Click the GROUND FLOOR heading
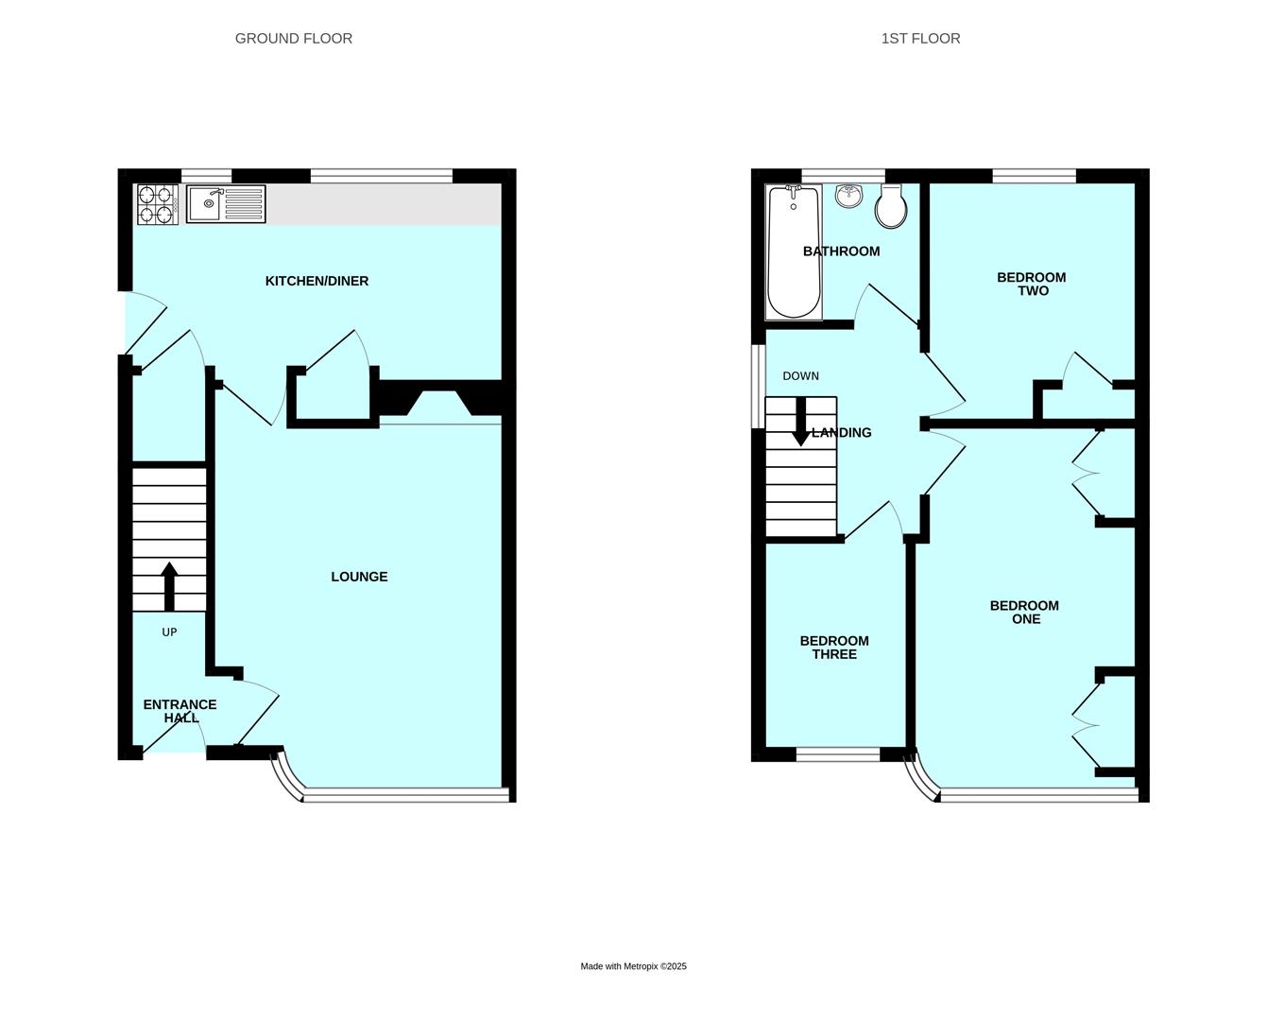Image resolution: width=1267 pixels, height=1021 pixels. click(293, 39)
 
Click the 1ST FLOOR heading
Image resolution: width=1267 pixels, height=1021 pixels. click(920, 39)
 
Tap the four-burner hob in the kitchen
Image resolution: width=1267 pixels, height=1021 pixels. click(158, 204)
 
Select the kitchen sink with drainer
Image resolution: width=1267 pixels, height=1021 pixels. click(226, 204)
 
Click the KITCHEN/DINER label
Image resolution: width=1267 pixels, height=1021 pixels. click(317, 281)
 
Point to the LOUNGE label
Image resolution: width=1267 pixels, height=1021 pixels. click(359, 577)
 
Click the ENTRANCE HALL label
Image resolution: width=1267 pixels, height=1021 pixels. click(180, 711)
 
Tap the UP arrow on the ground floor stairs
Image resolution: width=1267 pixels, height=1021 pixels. click(169, 586)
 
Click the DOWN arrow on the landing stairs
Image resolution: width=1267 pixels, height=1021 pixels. click(800, 422)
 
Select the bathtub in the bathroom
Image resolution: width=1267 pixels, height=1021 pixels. click(794, 251)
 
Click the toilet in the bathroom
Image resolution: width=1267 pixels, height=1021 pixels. click(891, 206)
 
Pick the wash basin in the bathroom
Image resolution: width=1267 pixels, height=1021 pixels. click(849, 196)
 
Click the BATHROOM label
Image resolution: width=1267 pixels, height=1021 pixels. click(841, 251)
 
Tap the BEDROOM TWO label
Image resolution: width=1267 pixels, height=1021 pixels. click(1032, 284)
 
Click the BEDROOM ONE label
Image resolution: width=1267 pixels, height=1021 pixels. click(1024, 613)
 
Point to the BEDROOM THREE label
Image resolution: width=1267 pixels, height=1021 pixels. click(834, 648)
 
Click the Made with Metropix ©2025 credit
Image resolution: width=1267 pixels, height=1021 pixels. click(633, 966)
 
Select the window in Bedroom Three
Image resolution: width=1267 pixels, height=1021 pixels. click(838, 753)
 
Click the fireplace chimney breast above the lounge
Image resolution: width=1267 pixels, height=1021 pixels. click(440, 401)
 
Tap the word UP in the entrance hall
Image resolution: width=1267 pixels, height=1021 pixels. click(169, 632)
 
